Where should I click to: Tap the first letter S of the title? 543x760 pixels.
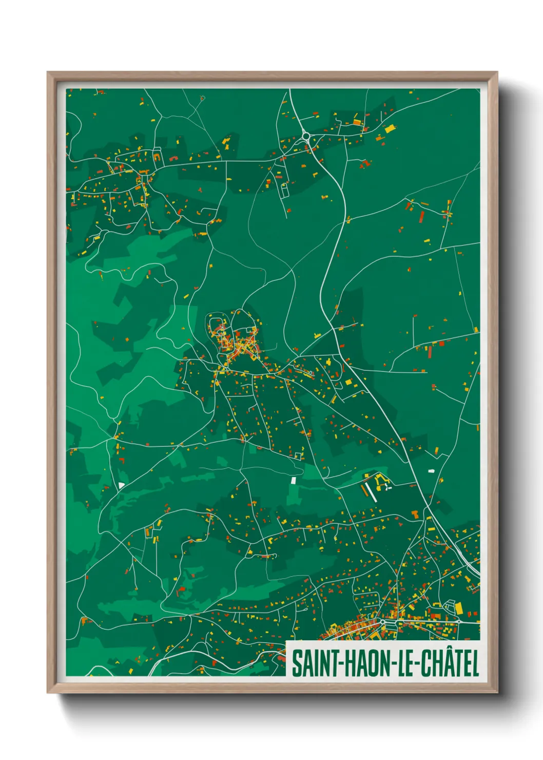297,663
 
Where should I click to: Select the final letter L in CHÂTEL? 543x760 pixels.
475,663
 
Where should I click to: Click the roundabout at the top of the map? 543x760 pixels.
306,136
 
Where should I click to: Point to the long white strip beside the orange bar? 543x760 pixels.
370,492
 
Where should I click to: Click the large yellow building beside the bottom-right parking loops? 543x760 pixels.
459,609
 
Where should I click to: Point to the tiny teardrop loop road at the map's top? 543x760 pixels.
202,98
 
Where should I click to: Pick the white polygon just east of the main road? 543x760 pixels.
431,470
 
